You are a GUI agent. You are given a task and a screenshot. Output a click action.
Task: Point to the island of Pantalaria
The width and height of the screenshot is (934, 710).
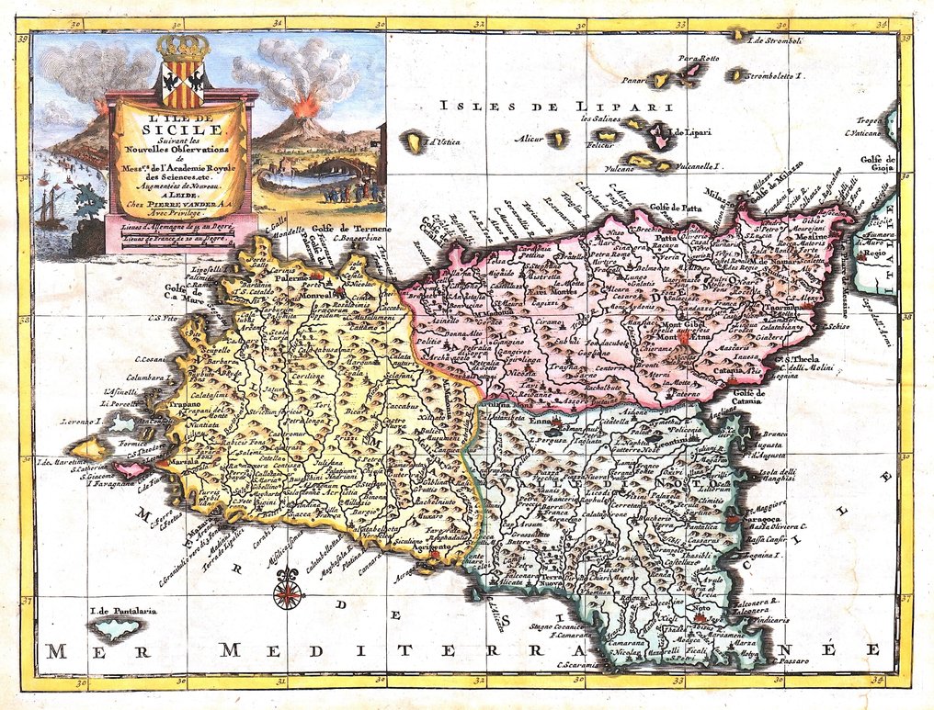(118, 631)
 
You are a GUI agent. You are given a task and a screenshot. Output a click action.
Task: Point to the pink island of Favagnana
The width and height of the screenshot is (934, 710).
(129, 469)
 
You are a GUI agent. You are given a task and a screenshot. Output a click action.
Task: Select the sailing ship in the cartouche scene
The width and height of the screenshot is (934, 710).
(52, 210)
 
